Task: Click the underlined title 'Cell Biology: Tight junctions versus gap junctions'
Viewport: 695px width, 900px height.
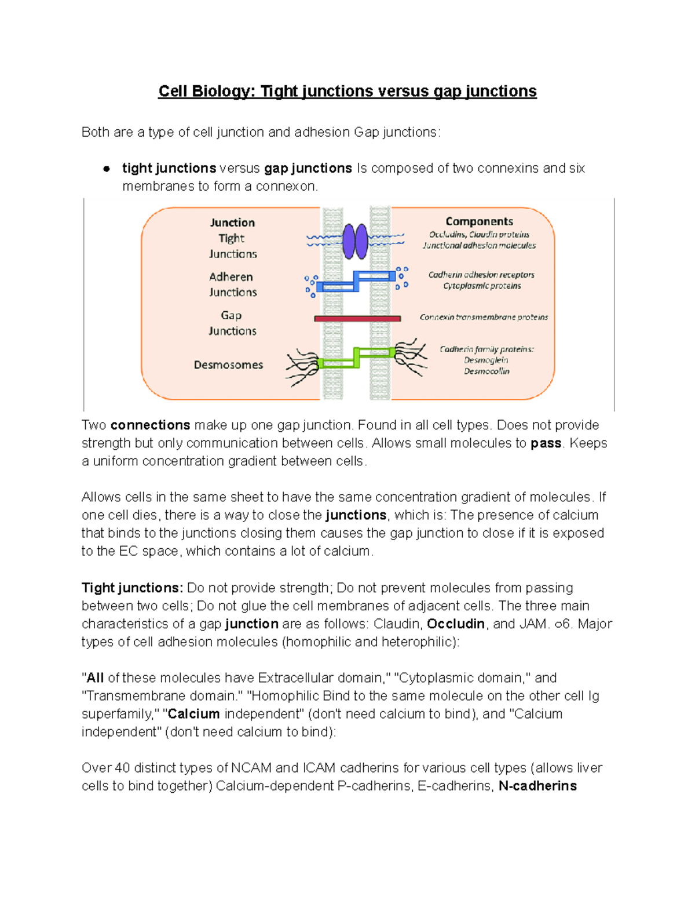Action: [x=348, y=92]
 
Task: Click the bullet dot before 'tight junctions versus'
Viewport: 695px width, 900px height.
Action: [x=107, y=169]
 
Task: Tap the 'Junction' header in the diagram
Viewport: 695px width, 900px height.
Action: [x=232, y=223]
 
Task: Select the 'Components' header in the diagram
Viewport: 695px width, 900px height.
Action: [x=479, y=221]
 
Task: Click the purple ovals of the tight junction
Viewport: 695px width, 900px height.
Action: [x=355, y=241]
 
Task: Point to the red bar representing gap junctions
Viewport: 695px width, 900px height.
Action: [x=357, y=318]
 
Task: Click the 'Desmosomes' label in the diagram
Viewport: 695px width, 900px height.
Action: [x=228, y=365]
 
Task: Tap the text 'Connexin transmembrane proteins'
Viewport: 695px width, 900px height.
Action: [x=484, y=318]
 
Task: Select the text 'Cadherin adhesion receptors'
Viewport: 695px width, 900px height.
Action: [x=481, y=275]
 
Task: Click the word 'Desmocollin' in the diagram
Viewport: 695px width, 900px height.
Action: [x=487, y=371]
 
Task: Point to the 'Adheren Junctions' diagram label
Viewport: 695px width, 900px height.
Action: [x=232, y=285]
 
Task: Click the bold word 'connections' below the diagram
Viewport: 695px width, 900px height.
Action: [x=150, y=425]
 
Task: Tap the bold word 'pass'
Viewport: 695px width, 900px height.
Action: [x=546, y=443]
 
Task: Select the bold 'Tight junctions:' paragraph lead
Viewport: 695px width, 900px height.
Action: [x=132, y=588]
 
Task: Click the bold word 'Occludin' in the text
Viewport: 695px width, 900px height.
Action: [x=455, y=624]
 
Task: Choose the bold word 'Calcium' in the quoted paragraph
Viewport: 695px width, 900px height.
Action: [x=193, y=714]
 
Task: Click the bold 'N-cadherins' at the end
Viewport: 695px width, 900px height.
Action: [x=537, y=786]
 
